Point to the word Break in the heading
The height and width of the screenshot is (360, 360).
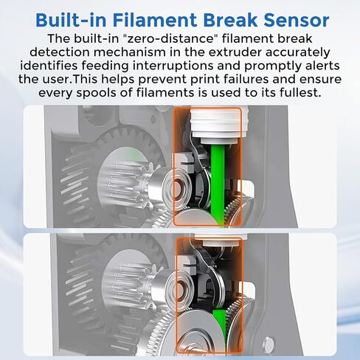(x=230, y=20)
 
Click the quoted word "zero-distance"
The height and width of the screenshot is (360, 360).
(x=169, y=38)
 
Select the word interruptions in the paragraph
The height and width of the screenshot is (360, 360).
(x=185, y=66)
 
